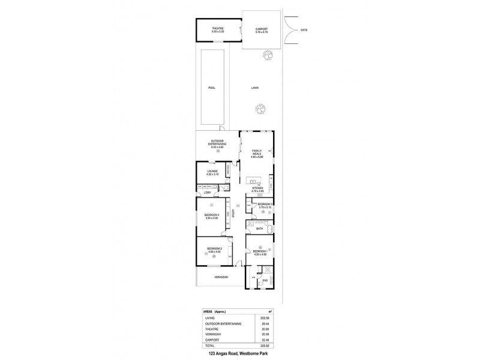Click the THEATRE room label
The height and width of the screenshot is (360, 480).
pos(217,28)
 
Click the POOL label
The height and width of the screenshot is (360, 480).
pos(211,88)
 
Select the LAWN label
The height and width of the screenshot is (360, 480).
pos(254,88)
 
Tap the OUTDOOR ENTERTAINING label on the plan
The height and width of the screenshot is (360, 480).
pos(218,143)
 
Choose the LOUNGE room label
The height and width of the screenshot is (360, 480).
pos(212,171)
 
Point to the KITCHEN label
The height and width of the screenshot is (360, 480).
pos(258,188)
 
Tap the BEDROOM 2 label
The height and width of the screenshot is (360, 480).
pos(215,249)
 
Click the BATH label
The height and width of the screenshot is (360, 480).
pos(260,229)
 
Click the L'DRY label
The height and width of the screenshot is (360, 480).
pos(207,193)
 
